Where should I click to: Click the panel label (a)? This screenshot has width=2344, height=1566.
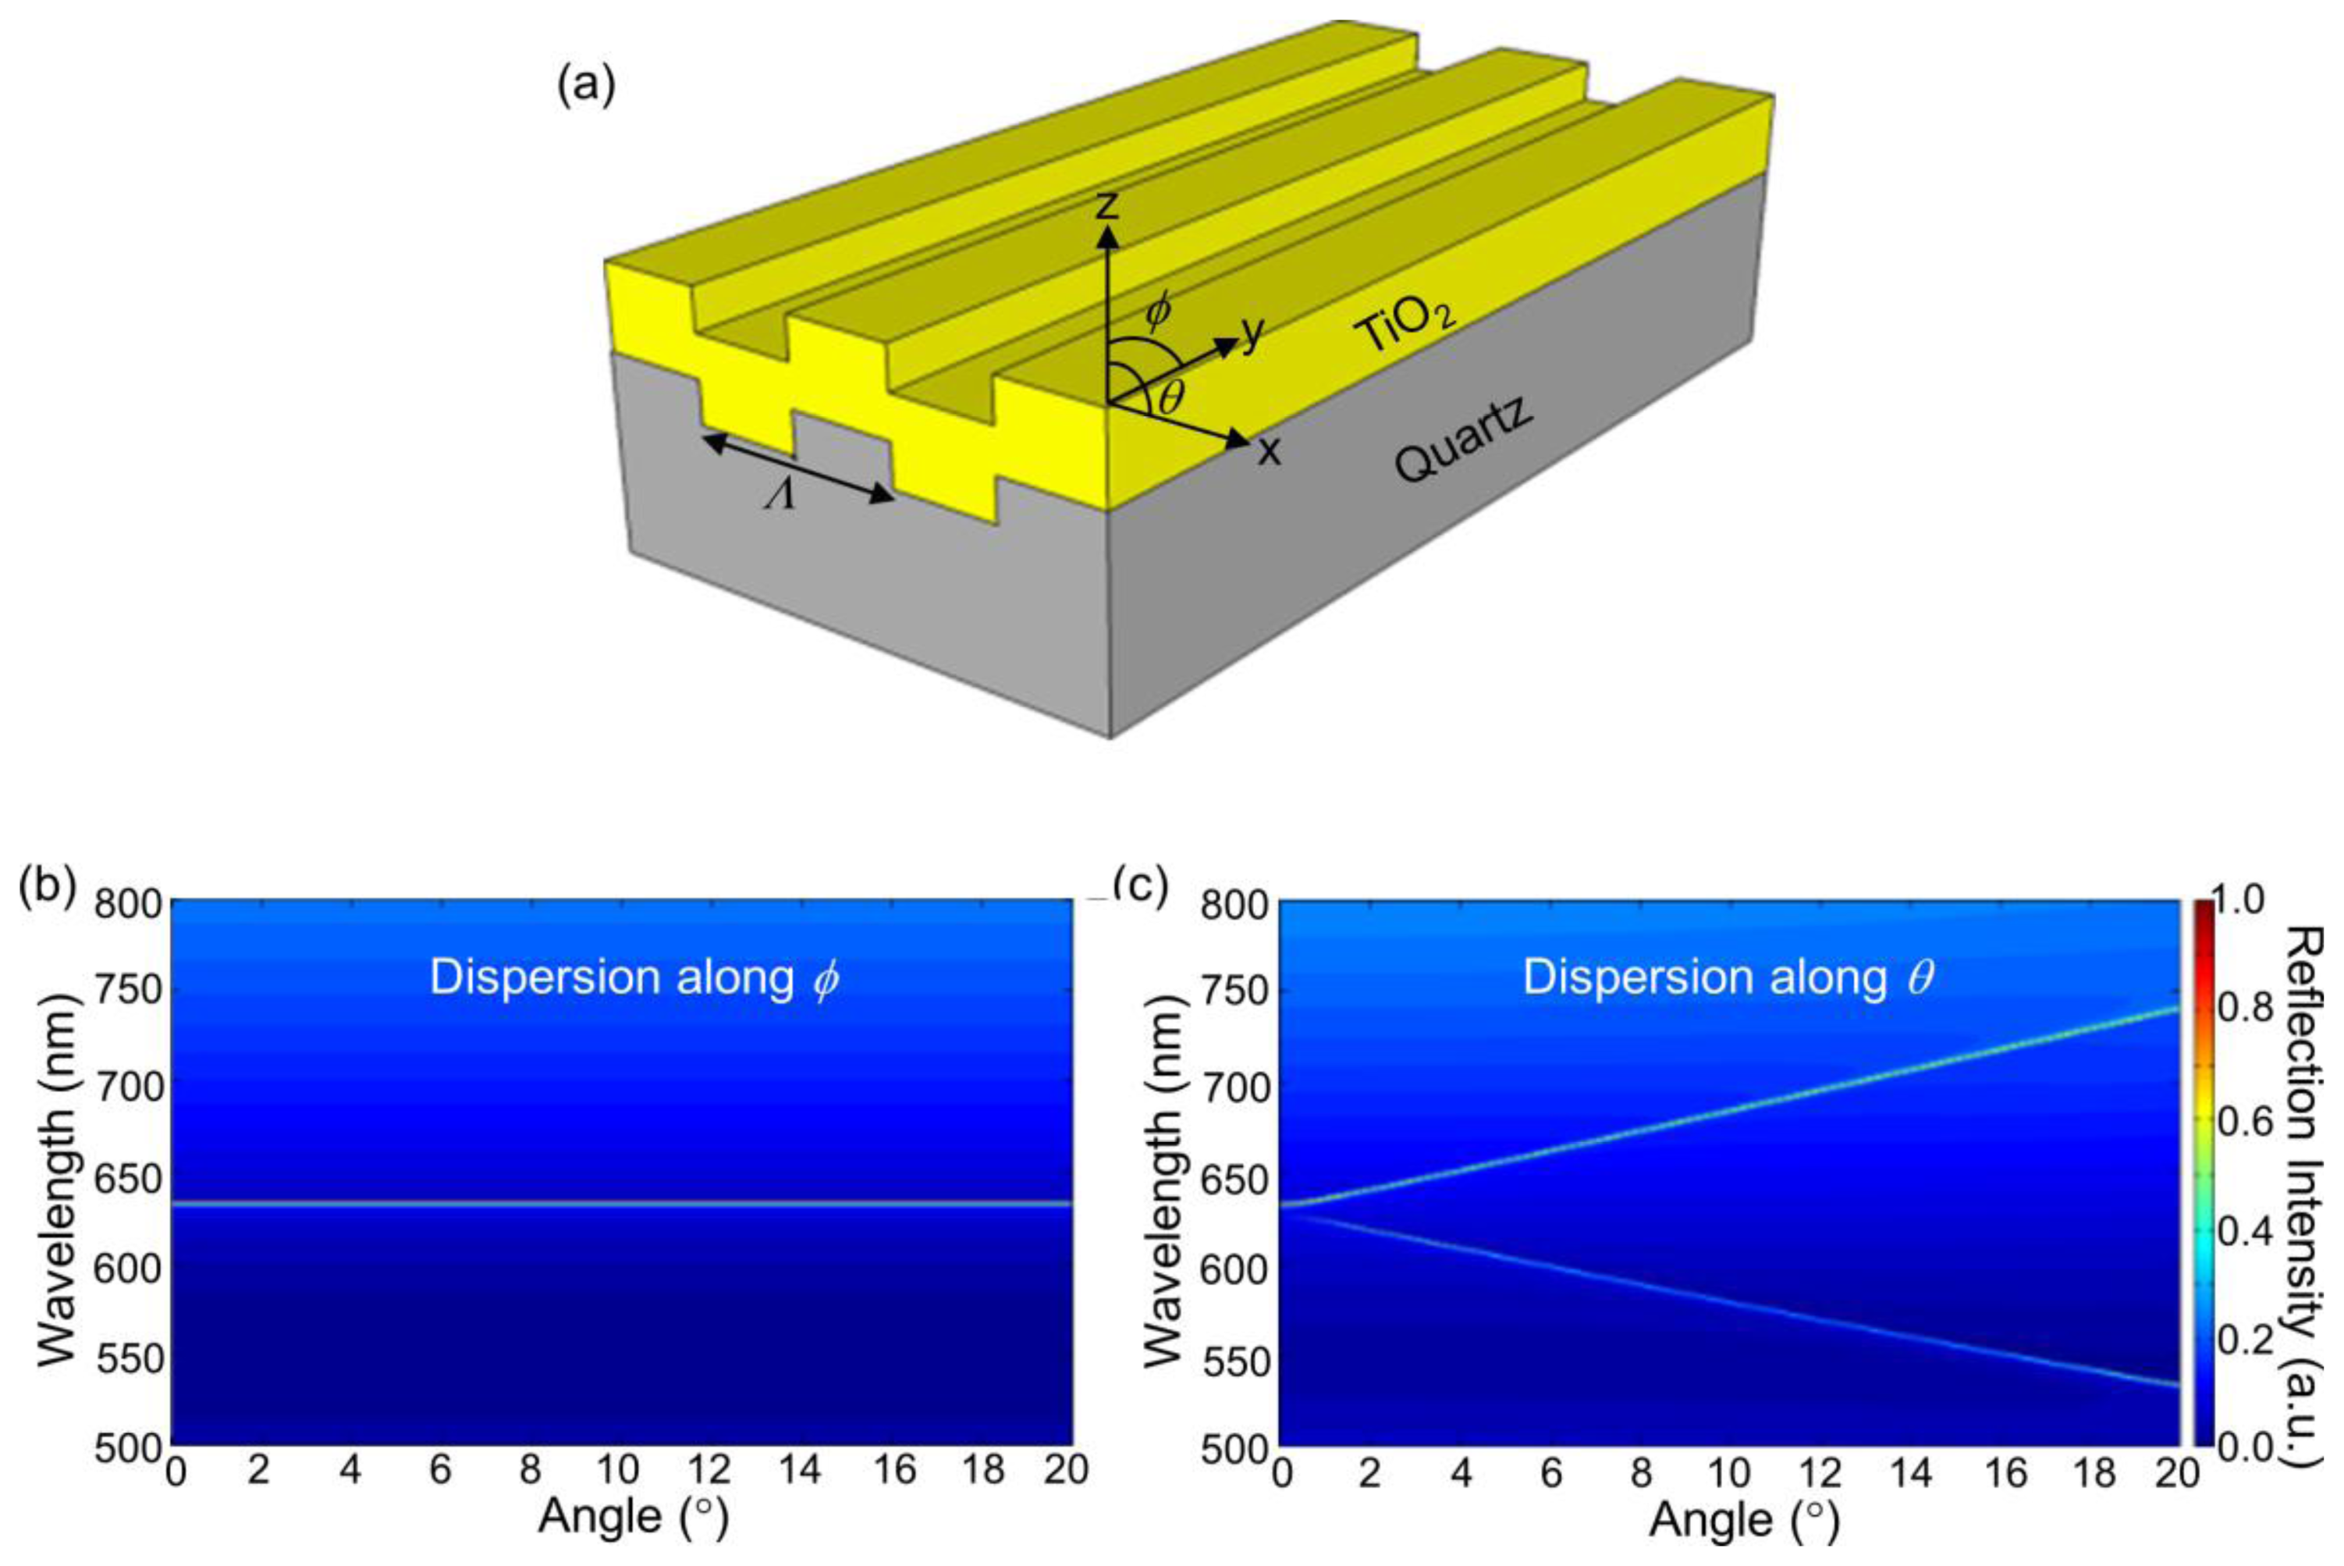(x=585, y=87)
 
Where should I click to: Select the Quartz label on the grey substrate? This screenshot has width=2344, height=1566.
(x=1462, y=439)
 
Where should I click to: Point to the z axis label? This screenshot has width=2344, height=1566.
(x=1105, y=204)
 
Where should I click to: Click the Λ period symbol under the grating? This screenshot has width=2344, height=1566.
(x=779, y=496)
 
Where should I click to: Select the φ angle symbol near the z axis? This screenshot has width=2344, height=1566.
(x=1158, y=312)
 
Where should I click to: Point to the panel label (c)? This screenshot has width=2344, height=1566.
(x=1140, y=884)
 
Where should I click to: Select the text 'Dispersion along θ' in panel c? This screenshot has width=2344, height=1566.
(x=1728, y=977)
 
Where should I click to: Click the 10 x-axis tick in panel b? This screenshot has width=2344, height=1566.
(x=618, y=1470)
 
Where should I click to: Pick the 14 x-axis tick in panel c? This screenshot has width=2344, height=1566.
(x=1911, y=1473)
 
